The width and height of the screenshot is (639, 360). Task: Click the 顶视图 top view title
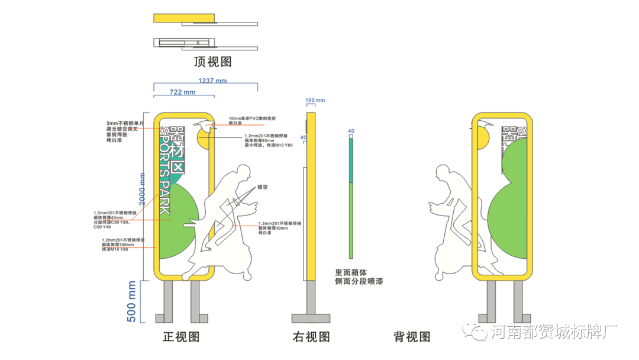[212, 62]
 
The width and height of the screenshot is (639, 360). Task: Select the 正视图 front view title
[181, 337]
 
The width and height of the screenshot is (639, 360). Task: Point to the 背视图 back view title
[412, 337]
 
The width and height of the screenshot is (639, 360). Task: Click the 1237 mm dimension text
[212, 81]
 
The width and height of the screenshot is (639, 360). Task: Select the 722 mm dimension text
[182, 92]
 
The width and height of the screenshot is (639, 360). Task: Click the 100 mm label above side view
[315, 100]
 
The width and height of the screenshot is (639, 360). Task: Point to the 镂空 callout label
[263, 187]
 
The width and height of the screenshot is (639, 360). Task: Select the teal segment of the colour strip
[350, 160]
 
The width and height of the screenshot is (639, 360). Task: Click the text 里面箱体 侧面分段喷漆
[359, 277]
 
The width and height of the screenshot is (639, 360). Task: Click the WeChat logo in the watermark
[476, 330]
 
